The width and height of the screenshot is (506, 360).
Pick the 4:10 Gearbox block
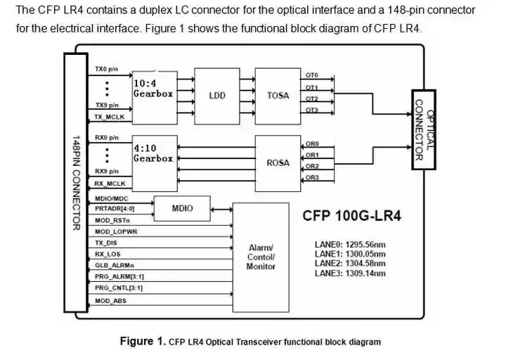coord(153,159)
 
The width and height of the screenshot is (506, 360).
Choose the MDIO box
coord(183,208)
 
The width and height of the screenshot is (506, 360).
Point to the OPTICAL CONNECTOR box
coord(423,129)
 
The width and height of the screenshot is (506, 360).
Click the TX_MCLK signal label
coord(110,117)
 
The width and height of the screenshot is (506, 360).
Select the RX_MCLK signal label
coord(110,184)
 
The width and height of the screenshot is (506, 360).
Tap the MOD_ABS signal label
coord(110,301)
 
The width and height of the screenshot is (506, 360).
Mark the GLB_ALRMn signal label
coord(114,265)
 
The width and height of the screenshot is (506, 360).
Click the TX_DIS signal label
coord(107,243)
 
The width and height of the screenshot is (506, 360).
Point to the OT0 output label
coord(312,75)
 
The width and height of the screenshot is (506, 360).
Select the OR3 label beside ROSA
coord(313,177)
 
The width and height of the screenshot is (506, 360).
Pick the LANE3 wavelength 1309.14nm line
coord(350,273)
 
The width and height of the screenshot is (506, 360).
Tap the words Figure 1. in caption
coord(143,342)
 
